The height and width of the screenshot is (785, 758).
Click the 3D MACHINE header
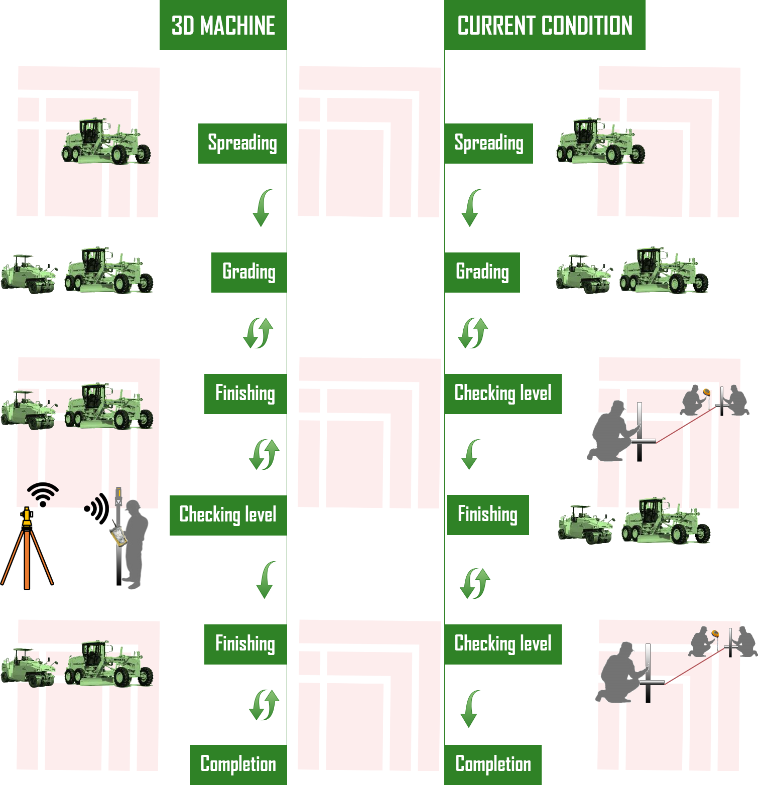pyautogui.click(x=223, y=25)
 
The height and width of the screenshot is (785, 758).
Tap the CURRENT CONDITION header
pyautogui.click(x=545, y=25)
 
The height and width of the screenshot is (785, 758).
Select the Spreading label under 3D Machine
pyautogui.click(x=242, y=143)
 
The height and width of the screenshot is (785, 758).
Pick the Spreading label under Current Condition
pyautogui.click(x=488, y=143)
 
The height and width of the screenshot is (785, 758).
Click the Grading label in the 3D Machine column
pyautogui.click(x=249, y=272)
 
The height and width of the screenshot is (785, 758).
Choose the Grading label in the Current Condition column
pyautogui.click(x=482, y=272)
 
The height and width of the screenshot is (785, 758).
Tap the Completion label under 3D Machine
pyautogui.click(x=238, y=764)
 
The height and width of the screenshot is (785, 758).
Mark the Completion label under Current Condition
pyautogui.click(x=493, y=764)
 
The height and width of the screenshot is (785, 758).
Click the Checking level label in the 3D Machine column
pyautogui.click(x=228, y=515)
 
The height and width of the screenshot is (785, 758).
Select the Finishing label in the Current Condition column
pyautogui.click(x=487, y=514)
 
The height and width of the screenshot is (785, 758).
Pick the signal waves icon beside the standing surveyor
pyautogui.click(x=97, y=508)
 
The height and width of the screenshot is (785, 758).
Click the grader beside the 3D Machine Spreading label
pyautogui.click(x=106, y=141)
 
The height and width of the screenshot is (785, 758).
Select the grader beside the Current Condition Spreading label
pyautogui.click(x=600, y=141)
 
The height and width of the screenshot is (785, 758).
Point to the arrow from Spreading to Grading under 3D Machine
pyautogui.click(x=263, y=208)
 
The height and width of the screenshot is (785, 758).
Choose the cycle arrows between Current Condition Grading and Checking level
pyautogui.click(x=473, y=333)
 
